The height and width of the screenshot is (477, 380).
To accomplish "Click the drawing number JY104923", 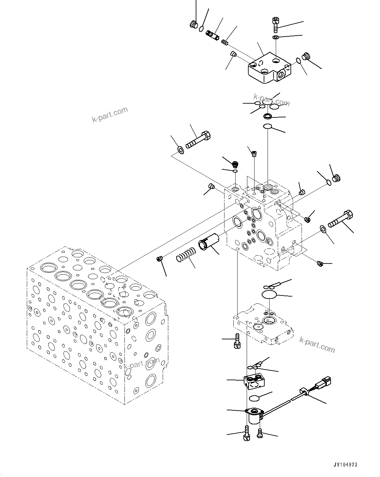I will click(345, 465).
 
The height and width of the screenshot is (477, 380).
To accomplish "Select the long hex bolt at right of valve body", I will click(342, 219).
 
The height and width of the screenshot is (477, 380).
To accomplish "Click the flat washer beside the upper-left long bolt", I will click(180, 150).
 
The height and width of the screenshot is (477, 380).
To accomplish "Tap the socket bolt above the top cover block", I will click(274, 23).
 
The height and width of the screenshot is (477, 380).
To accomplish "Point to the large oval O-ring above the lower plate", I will click(269, 295).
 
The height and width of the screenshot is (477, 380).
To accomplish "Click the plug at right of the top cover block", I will click(306, 56).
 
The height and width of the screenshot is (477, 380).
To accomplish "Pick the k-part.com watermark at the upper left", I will click(109, 114).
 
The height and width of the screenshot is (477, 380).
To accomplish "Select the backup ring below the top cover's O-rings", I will click(268, 116).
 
